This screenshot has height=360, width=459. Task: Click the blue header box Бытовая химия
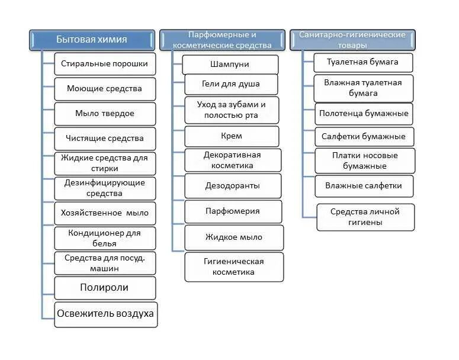tap(92, 40)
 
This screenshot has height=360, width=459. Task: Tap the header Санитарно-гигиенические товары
tap(352, 40)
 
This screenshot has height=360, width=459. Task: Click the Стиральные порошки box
tap(104, 63)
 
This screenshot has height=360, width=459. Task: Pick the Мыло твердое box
tap(104, 113)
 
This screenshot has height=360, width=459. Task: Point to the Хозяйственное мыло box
tap(104, 213)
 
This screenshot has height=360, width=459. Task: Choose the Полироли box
tap(104, 288)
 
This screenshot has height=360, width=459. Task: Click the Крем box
tap(231, 136)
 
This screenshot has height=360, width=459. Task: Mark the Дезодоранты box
tap(232, 186)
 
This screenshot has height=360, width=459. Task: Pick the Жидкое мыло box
tap(233, 237)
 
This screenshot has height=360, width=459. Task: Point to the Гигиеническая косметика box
tap(233, 266)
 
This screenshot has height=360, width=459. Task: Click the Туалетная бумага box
tap(363, 62)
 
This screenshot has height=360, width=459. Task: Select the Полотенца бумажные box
tap(363, 112)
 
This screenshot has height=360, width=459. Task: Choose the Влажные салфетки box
tap(363, 186)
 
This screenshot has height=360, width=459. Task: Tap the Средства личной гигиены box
tap(365, 217)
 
